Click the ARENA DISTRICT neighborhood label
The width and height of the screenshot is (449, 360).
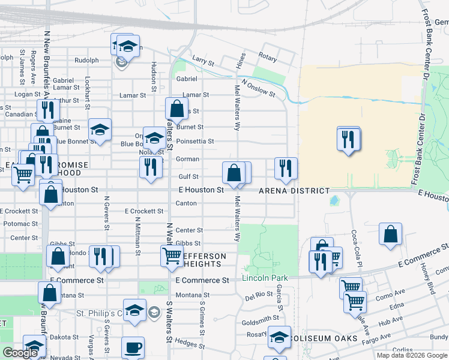click(294, 191)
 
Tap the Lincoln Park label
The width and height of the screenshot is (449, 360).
click(265, 278)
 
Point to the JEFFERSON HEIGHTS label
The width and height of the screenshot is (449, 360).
click(204, 260)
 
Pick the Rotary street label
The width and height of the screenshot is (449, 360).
click(268, 58)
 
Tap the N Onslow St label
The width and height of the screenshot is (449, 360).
click(258, 89)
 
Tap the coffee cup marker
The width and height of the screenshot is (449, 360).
click(133, 347)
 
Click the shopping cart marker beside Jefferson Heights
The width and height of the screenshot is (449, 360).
click(172, 256)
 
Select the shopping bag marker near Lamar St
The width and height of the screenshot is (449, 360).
click(176, 109)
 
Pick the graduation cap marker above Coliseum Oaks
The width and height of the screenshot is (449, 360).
click(279, 337)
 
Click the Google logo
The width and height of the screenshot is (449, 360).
click(20, 353)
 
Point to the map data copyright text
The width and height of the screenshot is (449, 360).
click(412, 355)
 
